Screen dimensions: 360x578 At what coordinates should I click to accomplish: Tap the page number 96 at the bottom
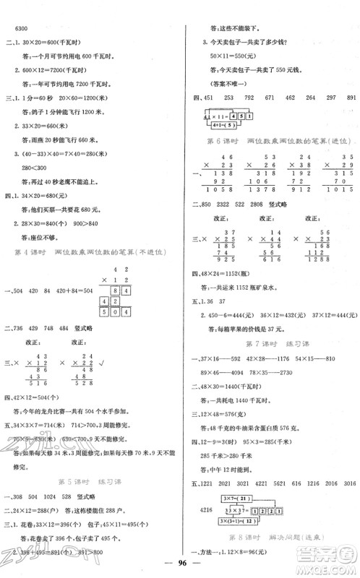tap(180, 565)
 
